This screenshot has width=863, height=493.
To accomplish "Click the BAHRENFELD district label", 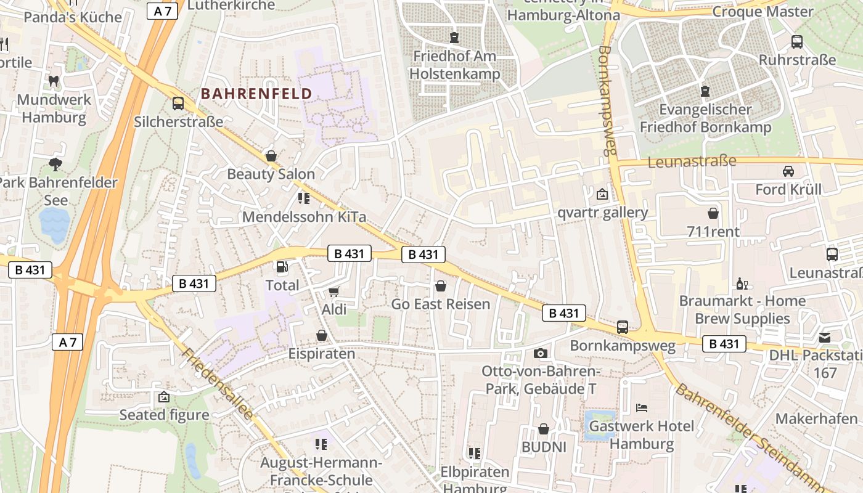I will [x=256, y=94].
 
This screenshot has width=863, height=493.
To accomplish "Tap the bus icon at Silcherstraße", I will [x=178, y=103].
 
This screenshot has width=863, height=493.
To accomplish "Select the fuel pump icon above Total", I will [x=282, y=267].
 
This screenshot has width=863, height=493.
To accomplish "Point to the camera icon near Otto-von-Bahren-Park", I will [x=541, y=353].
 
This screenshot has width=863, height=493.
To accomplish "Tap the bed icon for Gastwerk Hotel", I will [x=641, y=407].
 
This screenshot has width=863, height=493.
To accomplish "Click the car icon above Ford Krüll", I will [x=788, y=171].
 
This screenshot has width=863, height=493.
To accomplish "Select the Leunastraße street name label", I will [x=692, y=161].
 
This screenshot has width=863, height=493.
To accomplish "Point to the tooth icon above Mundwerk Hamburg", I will [x=54, y=80].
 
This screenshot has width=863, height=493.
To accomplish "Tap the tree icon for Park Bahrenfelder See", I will [x=55, y=164].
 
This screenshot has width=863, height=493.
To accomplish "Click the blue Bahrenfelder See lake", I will [x=54, y=224].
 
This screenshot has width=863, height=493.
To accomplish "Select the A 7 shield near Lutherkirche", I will [x=162, y=10].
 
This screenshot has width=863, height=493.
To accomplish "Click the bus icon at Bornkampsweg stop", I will [x=623, y=327].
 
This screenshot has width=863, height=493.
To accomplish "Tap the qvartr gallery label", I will [x=602, y=213].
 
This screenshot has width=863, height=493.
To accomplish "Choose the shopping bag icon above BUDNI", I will [x=544, y=428].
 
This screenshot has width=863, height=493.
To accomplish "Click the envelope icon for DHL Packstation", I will [x=825, y=337].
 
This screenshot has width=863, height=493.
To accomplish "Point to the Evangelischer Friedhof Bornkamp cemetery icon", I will [x=705, y=91].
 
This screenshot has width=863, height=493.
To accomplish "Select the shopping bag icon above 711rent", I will [x=713, y=213].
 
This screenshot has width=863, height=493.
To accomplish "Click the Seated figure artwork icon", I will [x=163, y=397].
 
